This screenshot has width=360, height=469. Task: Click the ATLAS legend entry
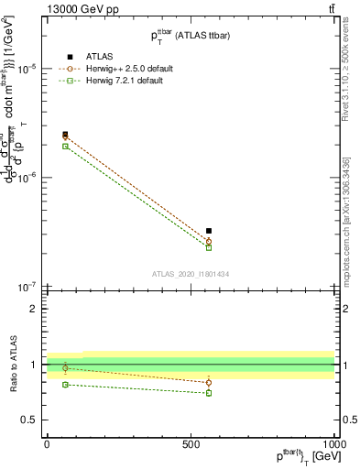86,56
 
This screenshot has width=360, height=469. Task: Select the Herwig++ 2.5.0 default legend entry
124,69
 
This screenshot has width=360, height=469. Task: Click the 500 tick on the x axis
191,442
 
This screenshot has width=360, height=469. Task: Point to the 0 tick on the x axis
47,442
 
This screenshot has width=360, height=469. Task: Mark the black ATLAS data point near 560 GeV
209,231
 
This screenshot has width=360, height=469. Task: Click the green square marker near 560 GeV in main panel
209,247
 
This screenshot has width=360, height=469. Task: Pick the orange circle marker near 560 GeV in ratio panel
209,383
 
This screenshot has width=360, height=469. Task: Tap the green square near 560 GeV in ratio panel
209,393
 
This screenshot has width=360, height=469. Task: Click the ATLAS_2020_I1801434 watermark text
191,274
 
